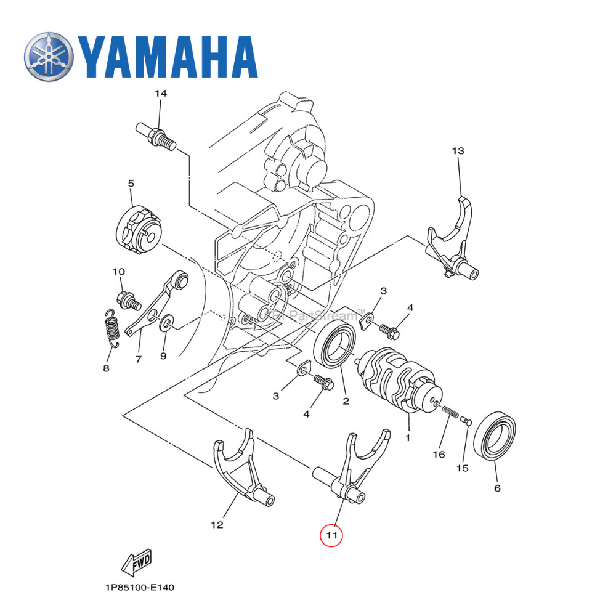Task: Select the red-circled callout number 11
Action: point(331,535)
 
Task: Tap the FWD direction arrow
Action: point(137,561)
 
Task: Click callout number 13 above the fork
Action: point(457,151)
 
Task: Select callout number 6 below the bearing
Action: point(497,488)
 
